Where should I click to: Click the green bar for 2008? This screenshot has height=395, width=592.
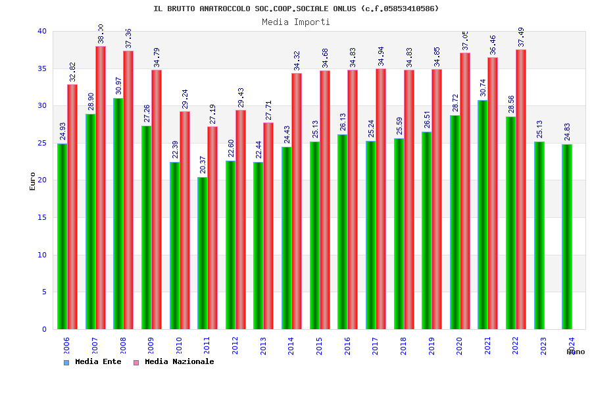coord(118,213)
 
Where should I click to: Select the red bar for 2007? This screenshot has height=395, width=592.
coord(101,188)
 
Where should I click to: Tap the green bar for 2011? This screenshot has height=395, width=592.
coord(202,253)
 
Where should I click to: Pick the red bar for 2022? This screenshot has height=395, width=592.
coord(521,189)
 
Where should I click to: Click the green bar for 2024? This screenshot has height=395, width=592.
coord(567,236)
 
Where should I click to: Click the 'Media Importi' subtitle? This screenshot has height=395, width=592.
coord(296,22)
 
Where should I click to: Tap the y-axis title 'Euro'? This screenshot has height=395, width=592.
coord(33,181)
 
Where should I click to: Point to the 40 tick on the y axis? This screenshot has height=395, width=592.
coord(42,31)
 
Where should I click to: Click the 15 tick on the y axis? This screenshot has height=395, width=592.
coord(42,217)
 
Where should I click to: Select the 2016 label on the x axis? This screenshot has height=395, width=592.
coord(347,346)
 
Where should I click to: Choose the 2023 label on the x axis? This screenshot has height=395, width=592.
coord(543,346)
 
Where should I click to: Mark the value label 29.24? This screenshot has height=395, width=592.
coord(184,99)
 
